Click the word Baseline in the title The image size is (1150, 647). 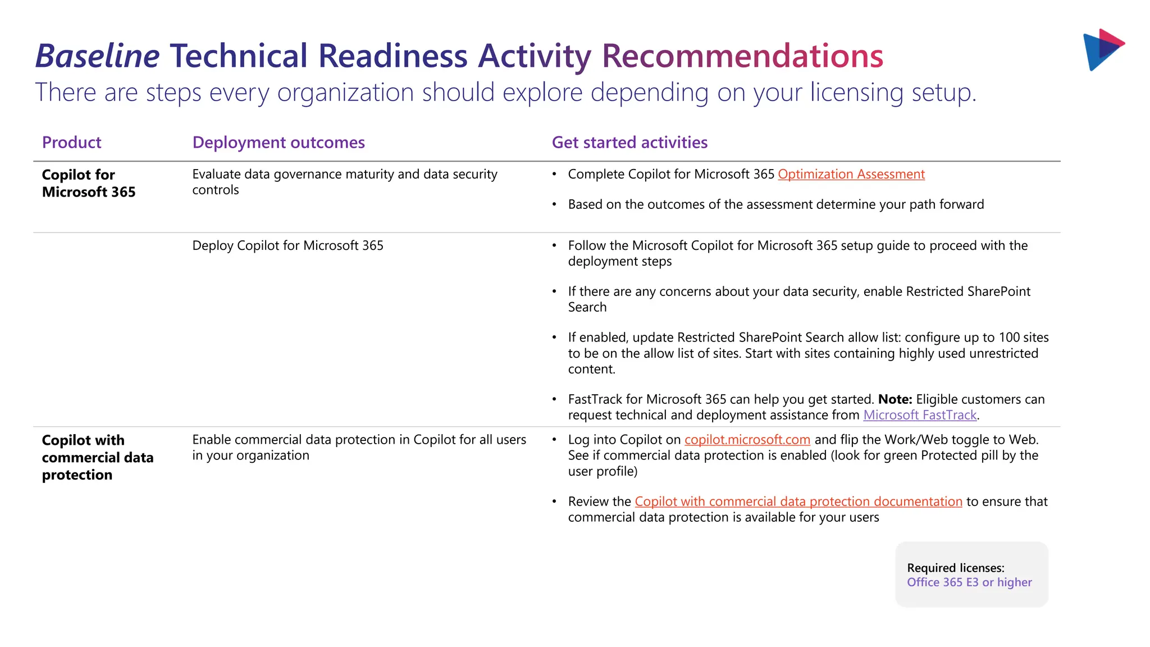[98, 56]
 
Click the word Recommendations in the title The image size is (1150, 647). [742, 56]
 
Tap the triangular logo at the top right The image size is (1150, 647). [1102, 49]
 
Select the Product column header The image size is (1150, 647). [71, 143]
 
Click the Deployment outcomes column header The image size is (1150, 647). [279, 143]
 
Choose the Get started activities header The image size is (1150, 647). [629, 143]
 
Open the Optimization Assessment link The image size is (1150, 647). [851, 175]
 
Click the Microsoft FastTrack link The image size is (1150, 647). [920, 415]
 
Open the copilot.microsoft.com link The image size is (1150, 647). [747, 440]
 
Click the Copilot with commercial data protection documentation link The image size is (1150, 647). [798, 502]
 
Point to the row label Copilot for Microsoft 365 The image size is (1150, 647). [89, 183]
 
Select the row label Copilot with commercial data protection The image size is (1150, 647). [97, 457]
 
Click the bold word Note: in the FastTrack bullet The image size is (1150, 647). [895, 399]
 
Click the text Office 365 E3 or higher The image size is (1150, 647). [969, 582]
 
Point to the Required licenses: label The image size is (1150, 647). [956, 568]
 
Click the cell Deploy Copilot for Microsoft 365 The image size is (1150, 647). [287, 246]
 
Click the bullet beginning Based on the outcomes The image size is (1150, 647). [775, 204]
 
